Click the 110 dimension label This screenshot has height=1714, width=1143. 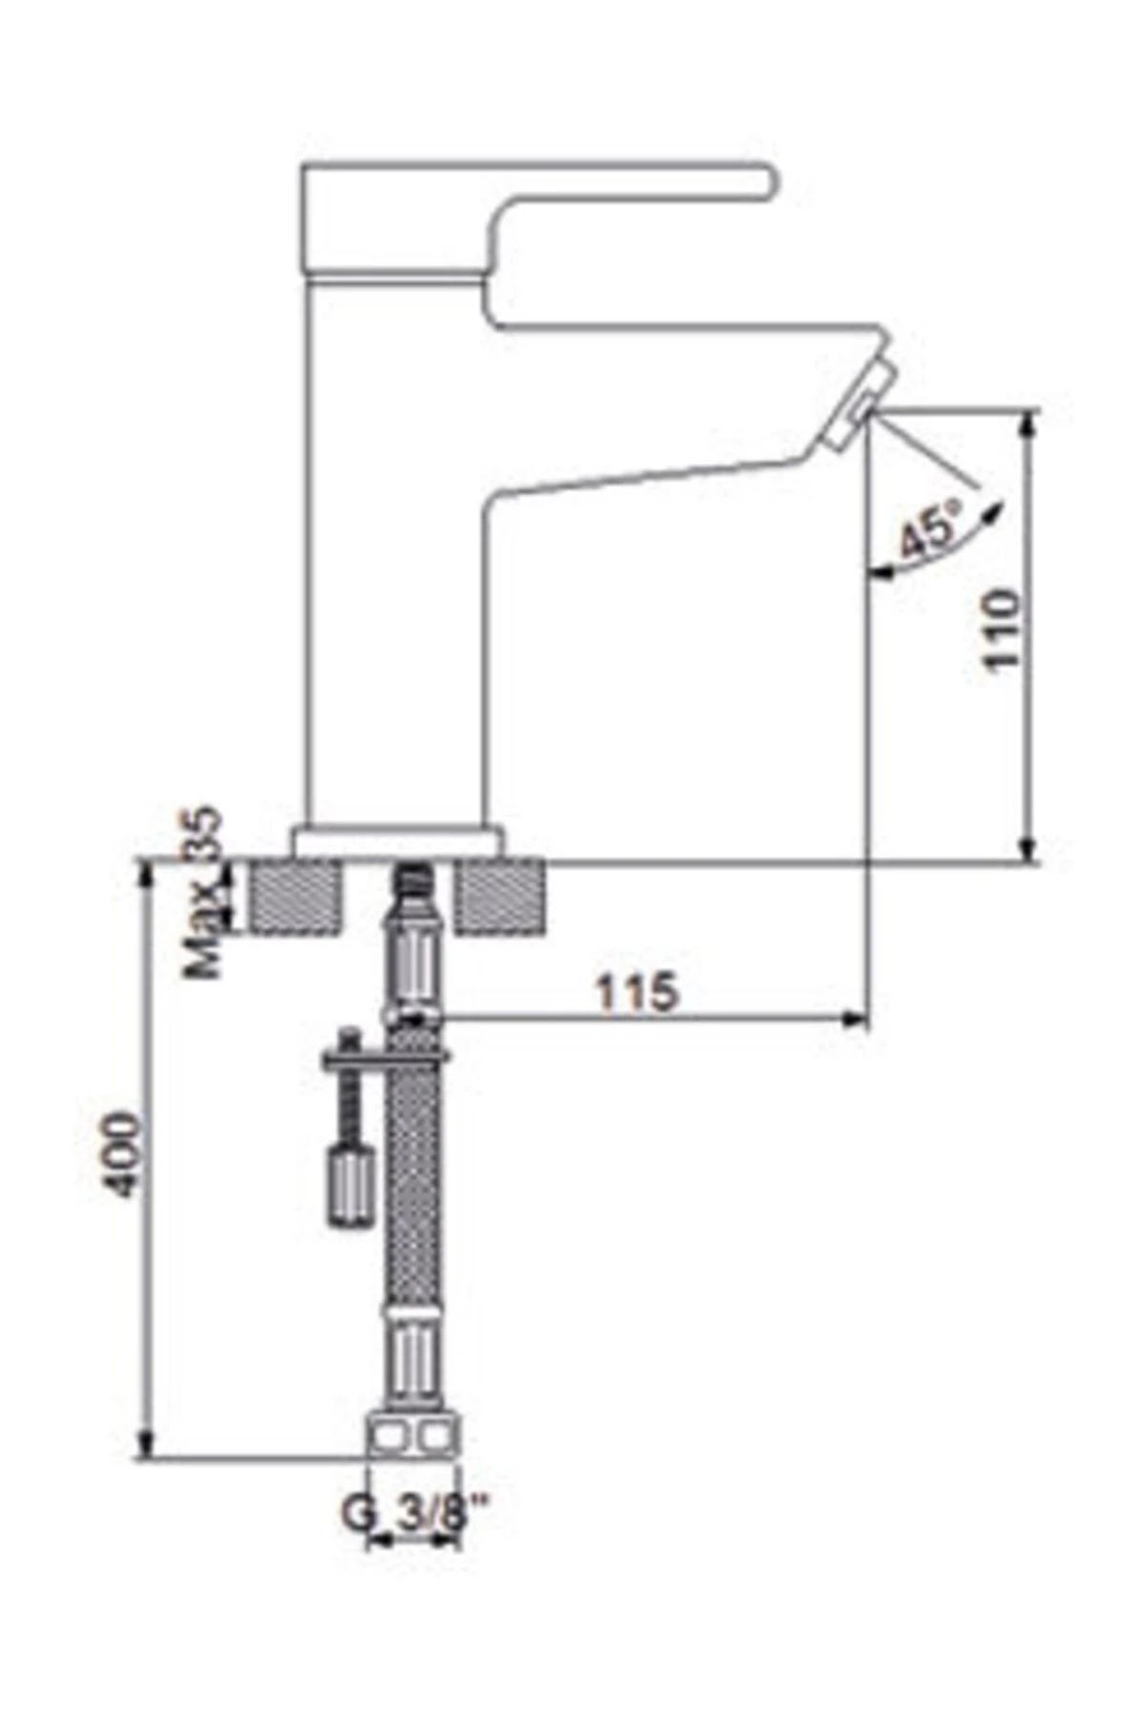(x=1001, y=630)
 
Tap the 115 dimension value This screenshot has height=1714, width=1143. (x=637, y=992)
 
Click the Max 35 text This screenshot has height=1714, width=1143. (x=204, y=893)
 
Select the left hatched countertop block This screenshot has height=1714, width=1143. (x=293, y=895)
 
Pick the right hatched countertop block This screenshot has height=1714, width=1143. (x=500, y=895)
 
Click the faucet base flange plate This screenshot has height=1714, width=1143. (x=398, y=842)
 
